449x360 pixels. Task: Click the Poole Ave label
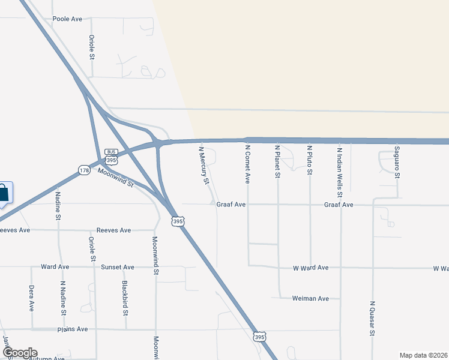[x=67, y=19]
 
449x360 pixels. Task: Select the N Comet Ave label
[x=247, y=163]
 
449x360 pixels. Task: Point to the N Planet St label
[x=277, y=161]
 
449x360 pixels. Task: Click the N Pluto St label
[x=310, y=160]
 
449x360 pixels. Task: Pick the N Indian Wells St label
[x=340, y=172]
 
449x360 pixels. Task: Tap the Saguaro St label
[x=397, y=162]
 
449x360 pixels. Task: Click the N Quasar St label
[x=373, y=318]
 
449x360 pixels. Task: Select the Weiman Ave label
[x=310, y=298]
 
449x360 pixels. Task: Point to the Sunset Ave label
[x=118, y=266]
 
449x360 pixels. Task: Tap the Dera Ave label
[x=32, y=298]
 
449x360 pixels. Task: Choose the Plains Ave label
[x=73, y=329]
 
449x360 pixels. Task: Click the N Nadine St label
[x=63, y=298]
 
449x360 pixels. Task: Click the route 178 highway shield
[x=84, y=171]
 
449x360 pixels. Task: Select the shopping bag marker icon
[x=3, y=194]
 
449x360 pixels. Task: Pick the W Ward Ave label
[x=310, y=267]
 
